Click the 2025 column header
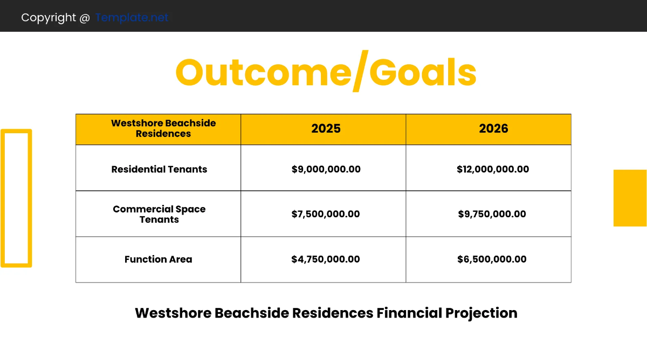pyautogui.click(x=326, y=129)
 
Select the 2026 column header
pyautogui.click(x=493, y=129)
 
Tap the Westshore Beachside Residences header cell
pyautogui.click(x=163, y=129)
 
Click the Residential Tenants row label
pyautogui.click(x=159, y=169)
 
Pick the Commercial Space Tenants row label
pyautogui.click(x=159, y=214)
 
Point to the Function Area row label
pyautogui.click(x=158, y=259)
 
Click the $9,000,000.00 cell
pyautogui.click(x=326, y=169)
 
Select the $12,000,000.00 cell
pyautogui.click(x=492, y=169)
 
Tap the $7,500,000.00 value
pyautogui.click(x=326, y=214)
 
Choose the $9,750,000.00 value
pyautogui.click(x=492, y=214)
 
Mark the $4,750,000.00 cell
pyautogui.click(x=326, y=259)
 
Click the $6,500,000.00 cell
pyautogui.click(x=492, y=259)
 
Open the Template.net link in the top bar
pyautogui.click(x=132, y=17)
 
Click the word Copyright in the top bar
pyautogui.click(x=49, y=17)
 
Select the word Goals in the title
pyautogui.click(x=423, y=73)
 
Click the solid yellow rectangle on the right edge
pyautogui.click(x=630, y=198)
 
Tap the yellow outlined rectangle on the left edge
pyautogui.click(x=16, y=198)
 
